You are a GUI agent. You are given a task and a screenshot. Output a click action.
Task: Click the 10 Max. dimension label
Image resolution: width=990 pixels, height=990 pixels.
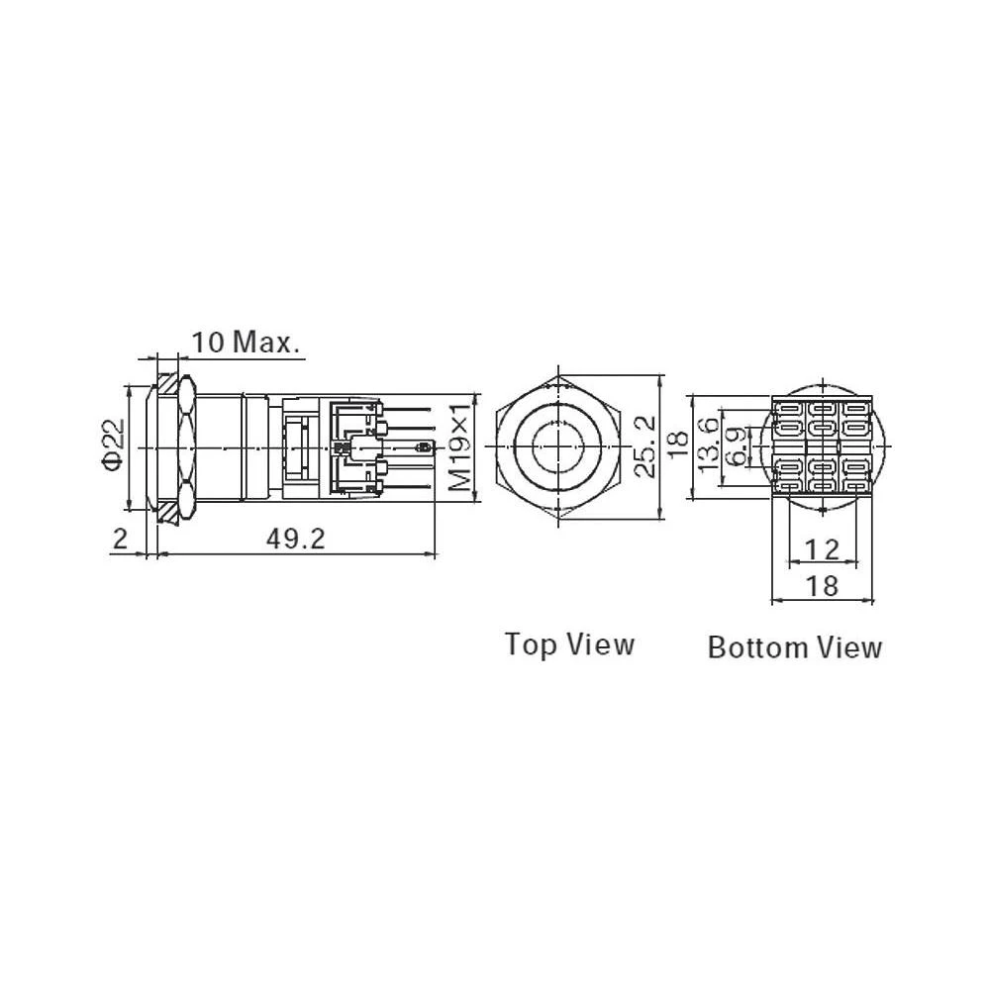pos(245,343)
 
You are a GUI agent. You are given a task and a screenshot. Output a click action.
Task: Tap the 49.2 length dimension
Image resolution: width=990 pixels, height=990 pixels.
pos(295,539)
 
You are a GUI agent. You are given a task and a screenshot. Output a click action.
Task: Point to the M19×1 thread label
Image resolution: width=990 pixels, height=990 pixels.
pos(460,446)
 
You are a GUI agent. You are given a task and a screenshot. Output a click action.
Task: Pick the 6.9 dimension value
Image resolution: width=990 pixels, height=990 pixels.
pos(737,446)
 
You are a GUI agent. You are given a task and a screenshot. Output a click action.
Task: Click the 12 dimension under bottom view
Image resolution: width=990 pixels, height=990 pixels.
pos(822,549)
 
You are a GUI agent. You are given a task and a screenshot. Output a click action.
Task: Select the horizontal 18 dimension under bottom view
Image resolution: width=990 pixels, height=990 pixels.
pos(822,586)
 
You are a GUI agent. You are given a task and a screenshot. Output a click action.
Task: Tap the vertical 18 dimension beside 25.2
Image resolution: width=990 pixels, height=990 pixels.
pos(677,446)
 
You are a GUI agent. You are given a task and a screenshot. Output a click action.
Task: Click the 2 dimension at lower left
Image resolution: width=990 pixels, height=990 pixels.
pos(120,539)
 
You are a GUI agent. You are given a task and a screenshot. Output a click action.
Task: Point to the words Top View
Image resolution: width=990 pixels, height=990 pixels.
pos(569,644)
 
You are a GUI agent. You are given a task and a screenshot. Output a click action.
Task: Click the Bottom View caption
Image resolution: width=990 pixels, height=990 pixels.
pos(794,647)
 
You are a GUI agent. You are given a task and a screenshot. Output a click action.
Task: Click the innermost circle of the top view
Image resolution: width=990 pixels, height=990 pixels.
pos(558,446)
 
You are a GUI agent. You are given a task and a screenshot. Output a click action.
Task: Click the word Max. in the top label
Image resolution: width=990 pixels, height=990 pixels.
pos(265,343)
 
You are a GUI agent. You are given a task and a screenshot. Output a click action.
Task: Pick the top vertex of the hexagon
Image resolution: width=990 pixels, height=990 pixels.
pos(558,375)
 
